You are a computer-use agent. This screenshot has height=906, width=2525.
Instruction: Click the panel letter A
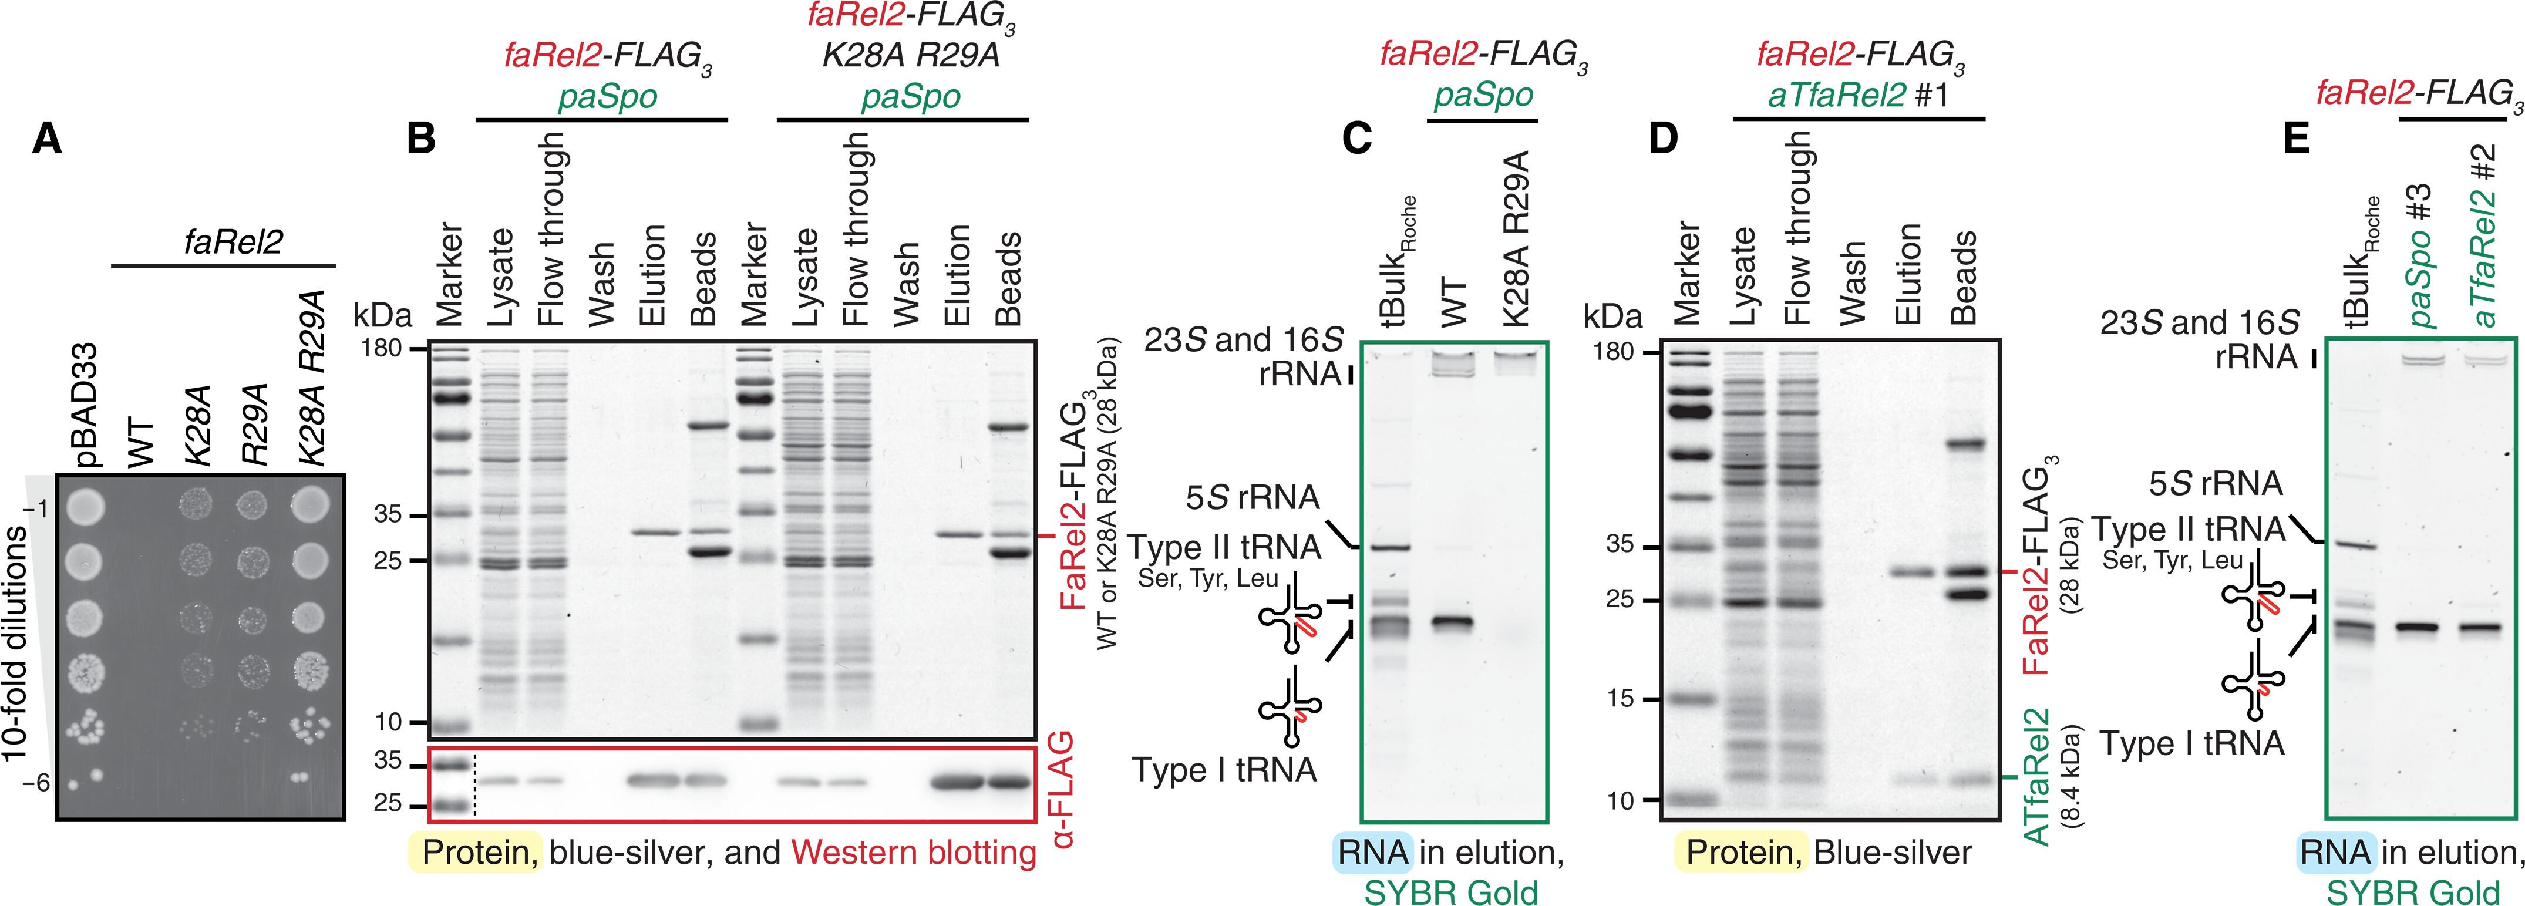click(47, 140)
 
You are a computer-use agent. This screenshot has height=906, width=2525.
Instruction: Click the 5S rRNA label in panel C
click(1253, 497)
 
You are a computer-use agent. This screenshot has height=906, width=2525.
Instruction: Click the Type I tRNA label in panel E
click(2191, 744)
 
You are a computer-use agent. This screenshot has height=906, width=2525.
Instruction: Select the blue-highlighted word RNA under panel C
click(1372, 852)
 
